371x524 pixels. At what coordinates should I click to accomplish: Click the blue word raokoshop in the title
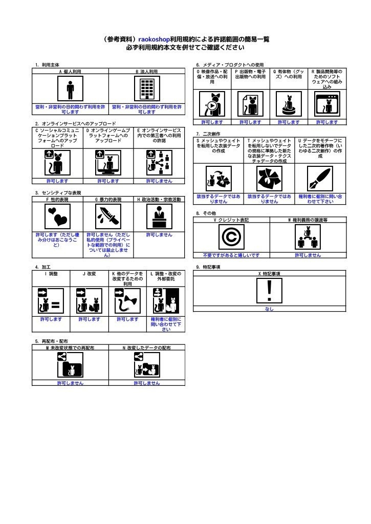click(x=155, y=39)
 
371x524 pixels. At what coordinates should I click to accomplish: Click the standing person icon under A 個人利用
click(x=71, y=90)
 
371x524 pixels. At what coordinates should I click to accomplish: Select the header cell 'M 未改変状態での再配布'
click(x=70, y=347)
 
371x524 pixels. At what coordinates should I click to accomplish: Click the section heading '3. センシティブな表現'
click(x=58, y=192)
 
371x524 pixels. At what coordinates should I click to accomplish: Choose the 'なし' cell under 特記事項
click(x=269, y=309)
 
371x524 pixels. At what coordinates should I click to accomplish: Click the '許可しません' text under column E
click(x=160, y=181)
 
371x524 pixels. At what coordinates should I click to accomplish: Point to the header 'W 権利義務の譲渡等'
click(x=308, y=220)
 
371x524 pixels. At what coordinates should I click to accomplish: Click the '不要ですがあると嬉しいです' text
click(x=231, y=255)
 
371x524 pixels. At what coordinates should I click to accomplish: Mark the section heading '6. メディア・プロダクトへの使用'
click(x=230, y=65)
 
